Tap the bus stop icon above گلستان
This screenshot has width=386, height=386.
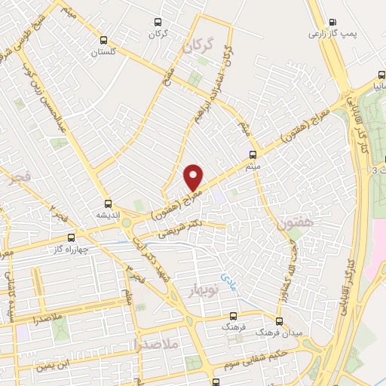click(104, 41)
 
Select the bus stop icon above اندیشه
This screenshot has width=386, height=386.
click(108, 203)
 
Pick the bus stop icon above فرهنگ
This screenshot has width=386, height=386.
click(232, 317)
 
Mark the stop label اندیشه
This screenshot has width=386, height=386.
click(108, 214)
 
